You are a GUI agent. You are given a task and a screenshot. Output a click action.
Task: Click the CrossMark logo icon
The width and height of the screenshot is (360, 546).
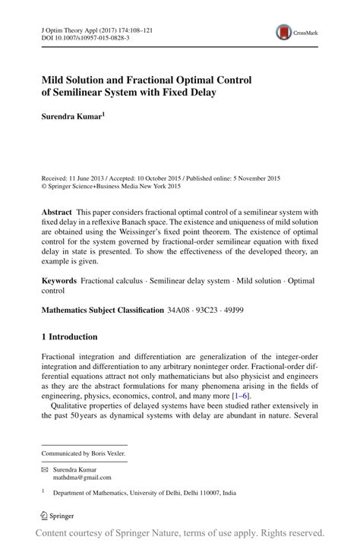[x=284, y=32]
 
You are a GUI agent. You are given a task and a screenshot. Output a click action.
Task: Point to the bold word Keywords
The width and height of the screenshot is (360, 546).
[x=59, y=280]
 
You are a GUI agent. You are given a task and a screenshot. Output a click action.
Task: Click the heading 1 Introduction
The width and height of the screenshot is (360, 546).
[x=69, y=336]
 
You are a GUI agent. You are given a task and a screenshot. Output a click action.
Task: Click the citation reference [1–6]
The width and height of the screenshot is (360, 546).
[x=242, y=396]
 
